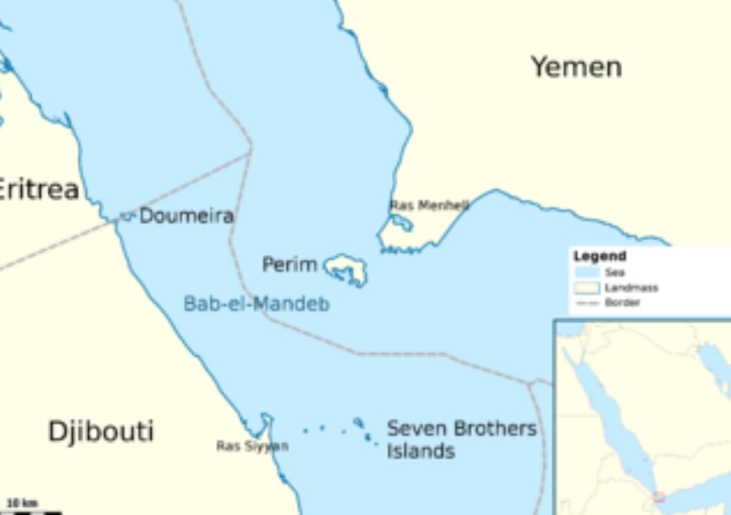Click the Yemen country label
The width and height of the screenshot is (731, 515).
click(x=576, y=67)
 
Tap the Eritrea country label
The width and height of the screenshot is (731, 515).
click(x=38, y=189)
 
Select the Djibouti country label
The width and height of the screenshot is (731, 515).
click(x=100, y=431)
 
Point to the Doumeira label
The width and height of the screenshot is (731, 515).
click(x=186, y=216)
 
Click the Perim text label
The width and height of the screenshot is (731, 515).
click(x=289, y=264)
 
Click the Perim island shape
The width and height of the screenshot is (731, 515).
click(x=346, y=268)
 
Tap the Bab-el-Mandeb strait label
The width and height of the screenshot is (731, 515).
click(x=256, y=304)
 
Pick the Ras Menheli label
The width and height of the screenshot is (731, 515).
click(x=429, y=205)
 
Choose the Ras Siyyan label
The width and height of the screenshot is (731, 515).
click(x=252, y=446)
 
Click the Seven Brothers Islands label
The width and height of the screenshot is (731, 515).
click(x=461, y=440)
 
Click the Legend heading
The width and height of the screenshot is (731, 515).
click(x=600, y=256)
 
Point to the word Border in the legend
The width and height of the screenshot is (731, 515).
click(x=622, y=303)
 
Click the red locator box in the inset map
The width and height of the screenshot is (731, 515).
click(x=659, y=497)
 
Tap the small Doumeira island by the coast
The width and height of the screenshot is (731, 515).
click(x=128, y=215)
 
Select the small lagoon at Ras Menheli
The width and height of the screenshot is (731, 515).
click(x=402, y=222)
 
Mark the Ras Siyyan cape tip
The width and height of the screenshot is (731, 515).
click(x=266, y=418)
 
